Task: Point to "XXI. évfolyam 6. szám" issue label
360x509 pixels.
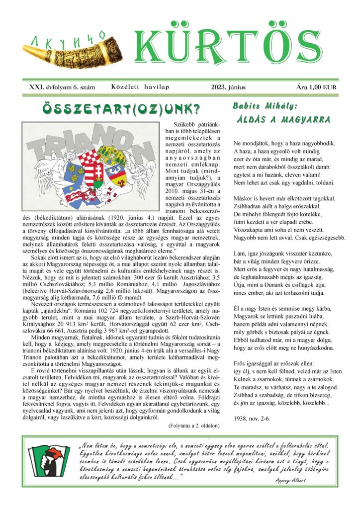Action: click(62, 87)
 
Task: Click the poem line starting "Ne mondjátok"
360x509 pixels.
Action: click(284, 143)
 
